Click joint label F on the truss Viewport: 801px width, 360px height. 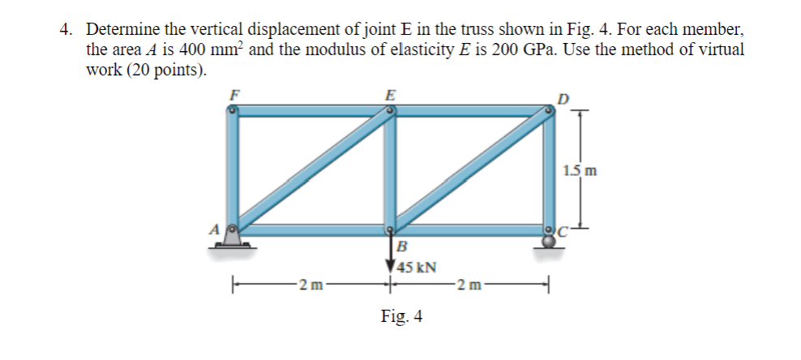235,94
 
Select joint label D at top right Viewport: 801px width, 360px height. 563,100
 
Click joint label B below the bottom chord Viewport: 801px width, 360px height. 400,246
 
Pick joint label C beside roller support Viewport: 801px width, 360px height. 559,231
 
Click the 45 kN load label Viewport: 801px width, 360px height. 417,266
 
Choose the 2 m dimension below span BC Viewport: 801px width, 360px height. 469,284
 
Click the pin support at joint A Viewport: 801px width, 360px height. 233,238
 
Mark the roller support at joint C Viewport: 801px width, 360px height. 549,242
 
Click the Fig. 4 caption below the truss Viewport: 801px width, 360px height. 401,316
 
